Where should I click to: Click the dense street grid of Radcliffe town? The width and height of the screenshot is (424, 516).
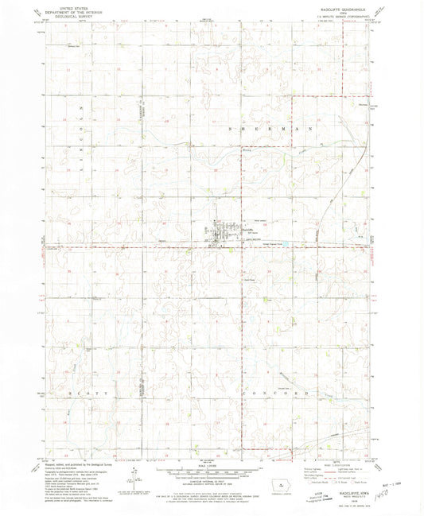coord(220,232)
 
